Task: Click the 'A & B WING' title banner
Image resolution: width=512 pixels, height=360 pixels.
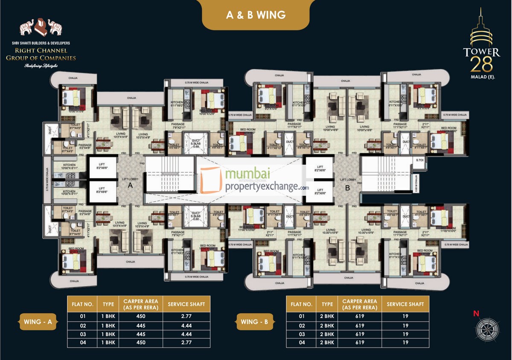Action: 256,15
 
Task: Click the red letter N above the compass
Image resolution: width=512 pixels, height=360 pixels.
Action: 476,314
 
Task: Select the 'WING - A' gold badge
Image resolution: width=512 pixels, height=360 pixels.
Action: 38,322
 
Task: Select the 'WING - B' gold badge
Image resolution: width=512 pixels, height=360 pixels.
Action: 255,322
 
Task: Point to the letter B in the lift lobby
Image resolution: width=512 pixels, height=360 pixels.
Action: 347,187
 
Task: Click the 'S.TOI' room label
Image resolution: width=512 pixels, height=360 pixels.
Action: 420,160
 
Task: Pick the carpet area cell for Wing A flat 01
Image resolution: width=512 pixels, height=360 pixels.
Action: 141,316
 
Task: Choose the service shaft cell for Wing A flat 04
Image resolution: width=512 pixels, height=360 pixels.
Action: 186,343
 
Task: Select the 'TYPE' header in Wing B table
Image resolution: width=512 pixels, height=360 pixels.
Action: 327,304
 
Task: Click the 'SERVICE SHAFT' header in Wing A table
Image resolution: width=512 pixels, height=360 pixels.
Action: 186,304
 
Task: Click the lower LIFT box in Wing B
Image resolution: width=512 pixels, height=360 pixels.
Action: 318,191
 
